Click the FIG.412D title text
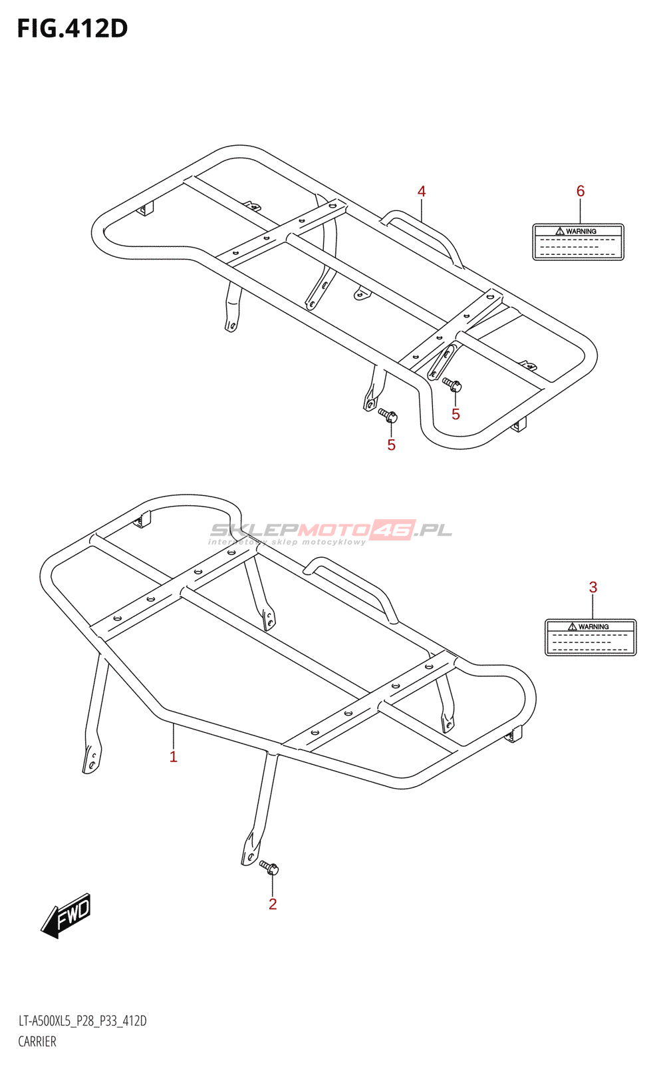point(72,29)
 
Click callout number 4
point(422,192)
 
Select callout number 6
point(581,192)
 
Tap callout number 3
point(593,587)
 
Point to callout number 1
point(174,757)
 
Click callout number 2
point(273,904)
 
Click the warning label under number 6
point(578,242)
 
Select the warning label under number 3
point(591,638)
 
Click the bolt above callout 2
point(269,867)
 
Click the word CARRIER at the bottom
point(37,1042)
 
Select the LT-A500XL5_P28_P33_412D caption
point(82,1021)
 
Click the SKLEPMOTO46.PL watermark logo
point(331,531)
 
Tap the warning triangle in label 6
point(560,232)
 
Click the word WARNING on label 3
point(594,627)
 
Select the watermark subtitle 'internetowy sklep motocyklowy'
point(287,542)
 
